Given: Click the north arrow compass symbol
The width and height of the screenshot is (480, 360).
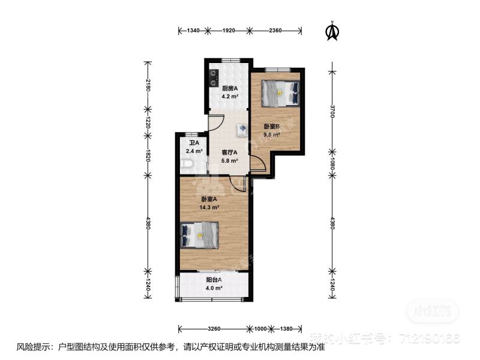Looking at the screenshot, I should tap(331, 31).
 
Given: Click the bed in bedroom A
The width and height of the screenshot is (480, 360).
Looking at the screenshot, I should tap(200, 233).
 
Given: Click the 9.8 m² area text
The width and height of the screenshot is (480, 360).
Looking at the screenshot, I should tap(272, 135).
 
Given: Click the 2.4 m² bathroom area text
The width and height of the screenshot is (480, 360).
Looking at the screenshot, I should tap(194, 151).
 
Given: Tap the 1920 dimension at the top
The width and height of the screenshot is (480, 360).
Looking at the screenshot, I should tap(230, 31).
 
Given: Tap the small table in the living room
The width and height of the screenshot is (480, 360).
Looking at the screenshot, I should tap(241, 129).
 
